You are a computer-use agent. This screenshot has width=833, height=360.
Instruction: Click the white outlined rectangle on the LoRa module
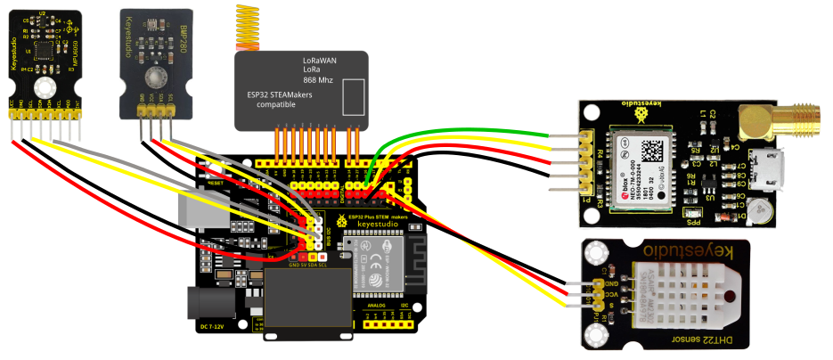coord(354,96)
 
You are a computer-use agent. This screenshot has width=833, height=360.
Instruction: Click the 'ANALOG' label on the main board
coord(377,305)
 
